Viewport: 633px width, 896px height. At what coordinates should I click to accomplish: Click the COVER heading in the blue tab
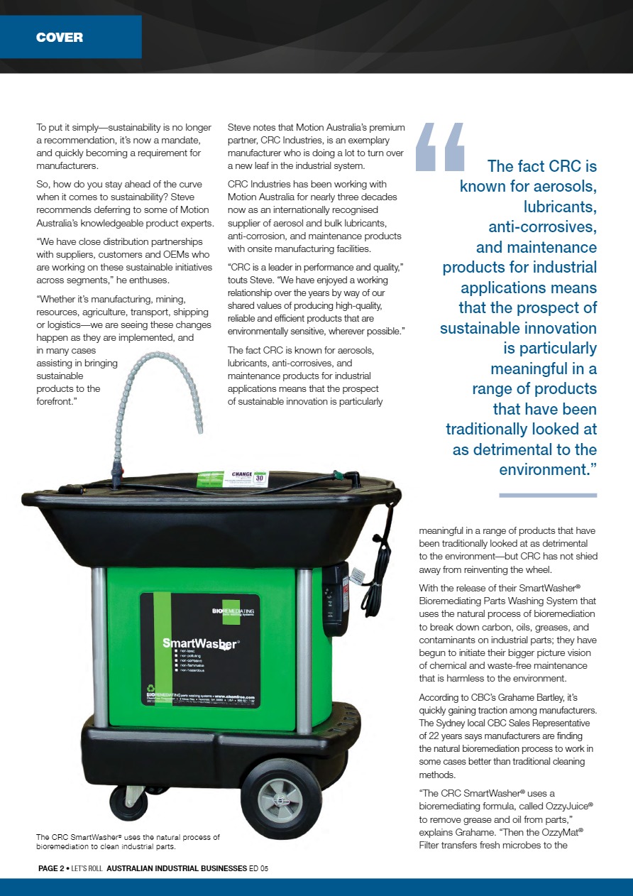click(x=60, y=38)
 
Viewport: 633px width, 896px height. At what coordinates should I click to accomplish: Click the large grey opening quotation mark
click(x=439, y=146)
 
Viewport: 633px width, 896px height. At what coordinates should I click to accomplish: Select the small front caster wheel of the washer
click(x=128, y=802)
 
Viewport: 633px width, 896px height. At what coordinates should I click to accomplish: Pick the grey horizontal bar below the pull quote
click(x=548, y=494)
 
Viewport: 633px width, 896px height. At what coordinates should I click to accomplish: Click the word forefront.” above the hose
click(x=60, y=401)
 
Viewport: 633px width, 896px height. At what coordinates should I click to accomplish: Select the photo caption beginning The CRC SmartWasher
click(x=128, y=842)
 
